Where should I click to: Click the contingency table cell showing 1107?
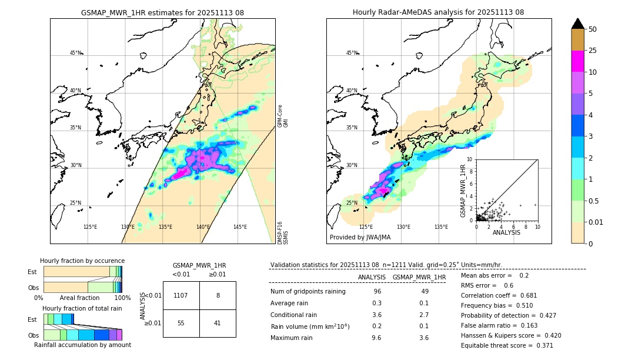[x=181, y=295]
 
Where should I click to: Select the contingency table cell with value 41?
[x=218, y=323]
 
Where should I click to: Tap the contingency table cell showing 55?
[x=181, y=323]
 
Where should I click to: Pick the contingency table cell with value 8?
[x=218, y=295]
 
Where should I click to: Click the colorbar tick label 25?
[x=593, y=51]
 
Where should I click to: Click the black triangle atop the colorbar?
[x=577, y=24]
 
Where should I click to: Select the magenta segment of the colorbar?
[x=577, y=61]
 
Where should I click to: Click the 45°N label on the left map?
[x=75, y=53]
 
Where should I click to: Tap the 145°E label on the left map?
[x=240, y=227]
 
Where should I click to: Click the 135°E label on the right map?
[x=441, y=227]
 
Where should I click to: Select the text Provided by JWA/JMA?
[x=360, y=238]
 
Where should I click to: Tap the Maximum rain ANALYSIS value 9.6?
[x=377, y=338]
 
